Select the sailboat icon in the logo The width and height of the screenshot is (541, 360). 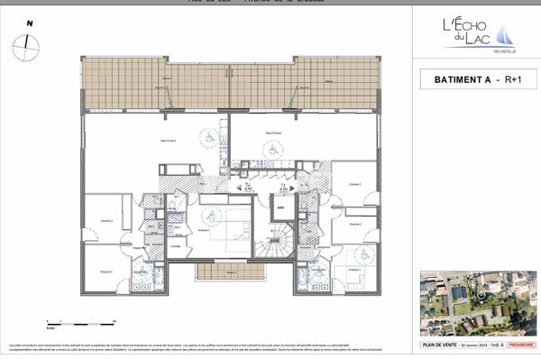coord(510,34)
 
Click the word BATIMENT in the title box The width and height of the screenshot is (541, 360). coord(455,80)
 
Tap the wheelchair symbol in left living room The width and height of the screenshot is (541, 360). coord(206,137)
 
